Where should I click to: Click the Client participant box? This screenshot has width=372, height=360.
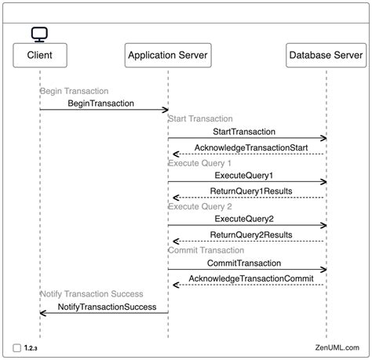coord(39,55)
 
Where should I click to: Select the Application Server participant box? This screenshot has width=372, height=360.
coord(168,55)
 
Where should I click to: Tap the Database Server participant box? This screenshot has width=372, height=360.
coord(326,55)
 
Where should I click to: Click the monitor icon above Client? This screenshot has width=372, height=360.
coord(39,34)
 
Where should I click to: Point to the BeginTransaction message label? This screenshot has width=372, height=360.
coord(100,104)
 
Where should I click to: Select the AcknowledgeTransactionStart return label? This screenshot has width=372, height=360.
coord(250,147)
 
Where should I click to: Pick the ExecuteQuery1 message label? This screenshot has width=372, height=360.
coord(243,176)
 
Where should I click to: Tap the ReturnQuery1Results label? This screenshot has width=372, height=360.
coord(251,191)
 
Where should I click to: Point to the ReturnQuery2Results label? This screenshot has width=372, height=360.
coord(251,235)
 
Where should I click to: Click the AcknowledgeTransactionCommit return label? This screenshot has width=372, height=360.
coord(251,278)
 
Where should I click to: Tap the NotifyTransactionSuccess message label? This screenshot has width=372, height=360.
coord(107,307)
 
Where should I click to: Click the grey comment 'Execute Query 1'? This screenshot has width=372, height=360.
coord(199,163)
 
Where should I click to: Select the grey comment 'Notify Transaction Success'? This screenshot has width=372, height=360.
coord(92,293)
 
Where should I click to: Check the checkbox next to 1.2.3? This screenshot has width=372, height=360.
coord(17,347)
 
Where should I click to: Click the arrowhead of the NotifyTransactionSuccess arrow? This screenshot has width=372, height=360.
coord(42,313)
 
